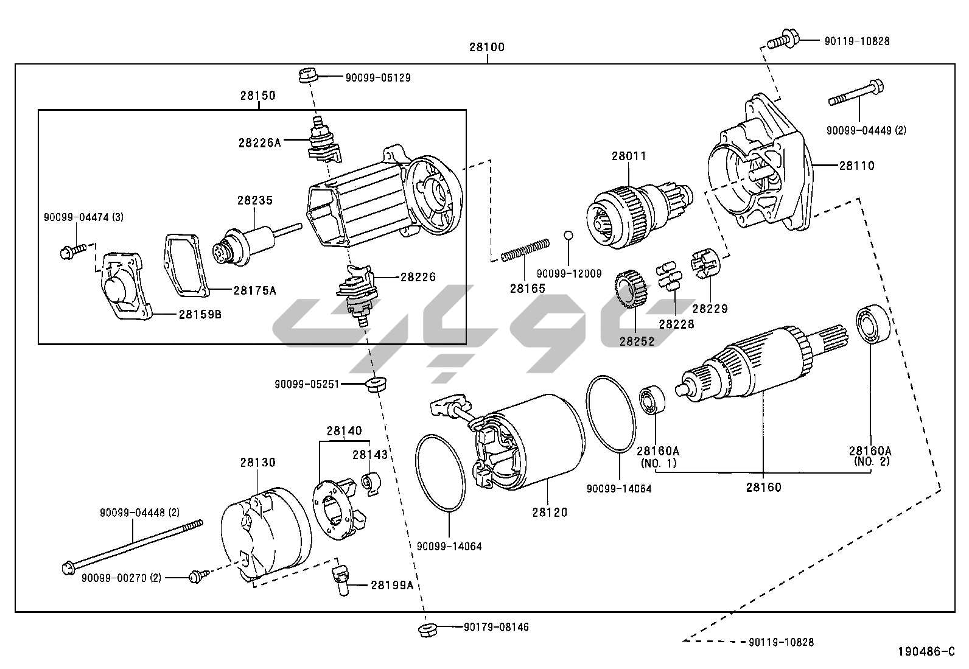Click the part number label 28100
pos(487,47)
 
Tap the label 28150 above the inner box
pos(257,96)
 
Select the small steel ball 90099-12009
pos(568,235)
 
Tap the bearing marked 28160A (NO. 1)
pos(652,399)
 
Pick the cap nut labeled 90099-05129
pos(307,77)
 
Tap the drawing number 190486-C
pos(926,651)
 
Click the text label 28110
pos(856,165)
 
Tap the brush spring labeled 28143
pos(371,483)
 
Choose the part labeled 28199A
pos(340,579)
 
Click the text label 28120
pos(549,512)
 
